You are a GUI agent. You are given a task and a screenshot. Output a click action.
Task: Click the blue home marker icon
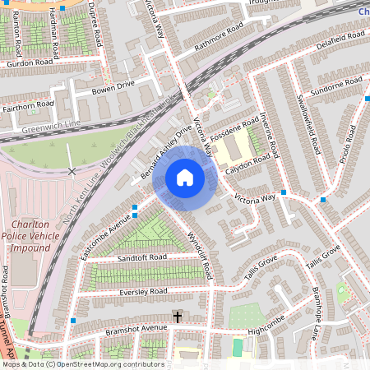(x=185, y=178)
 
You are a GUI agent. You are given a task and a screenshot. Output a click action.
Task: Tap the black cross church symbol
(x=177, y=316)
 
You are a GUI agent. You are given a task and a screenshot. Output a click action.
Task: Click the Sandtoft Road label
(x=141, y=257)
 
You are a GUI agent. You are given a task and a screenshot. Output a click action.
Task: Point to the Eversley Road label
(x=143, y=291)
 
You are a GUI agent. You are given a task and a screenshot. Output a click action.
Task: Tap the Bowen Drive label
(x=113, y=85)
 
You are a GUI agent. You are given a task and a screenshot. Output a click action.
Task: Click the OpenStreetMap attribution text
(x=82, y=364)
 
